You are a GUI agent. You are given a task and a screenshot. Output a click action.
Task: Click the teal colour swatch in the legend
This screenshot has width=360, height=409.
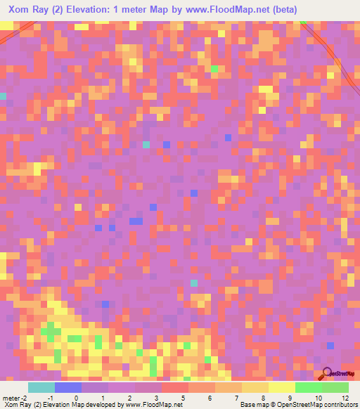(41, 387)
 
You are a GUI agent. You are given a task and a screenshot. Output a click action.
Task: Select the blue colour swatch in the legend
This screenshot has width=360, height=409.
(68, 387)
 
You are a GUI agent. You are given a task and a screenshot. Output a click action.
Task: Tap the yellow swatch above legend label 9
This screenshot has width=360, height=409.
(281, 387)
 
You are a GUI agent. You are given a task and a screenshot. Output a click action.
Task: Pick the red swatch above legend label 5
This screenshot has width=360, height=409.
(174, 387)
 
